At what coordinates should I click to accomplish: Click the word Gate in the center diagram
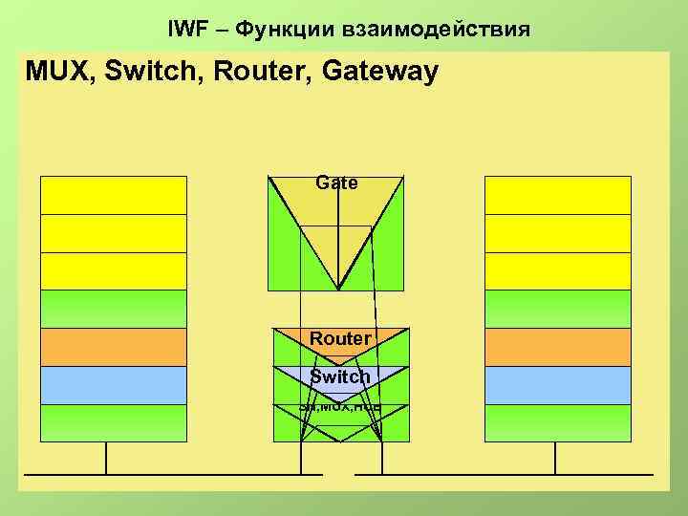point(336,183)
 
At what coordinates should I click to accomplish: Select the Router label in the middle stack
point(340,339)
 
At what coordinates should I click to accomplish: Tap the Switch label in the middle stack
point(340,376)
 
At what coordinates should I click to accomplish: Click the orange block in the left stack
point(114,347)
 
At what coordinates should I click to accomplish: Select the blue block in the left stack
point(114,385)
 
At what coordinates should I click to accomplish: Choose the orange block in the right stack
point(558,347)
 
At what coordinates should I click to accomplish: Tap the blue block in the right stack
point(558,385)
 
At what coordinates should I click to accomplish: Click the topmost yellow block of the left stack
point(114,195)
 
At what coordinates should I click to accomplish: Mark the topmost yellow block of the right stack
point(558,195)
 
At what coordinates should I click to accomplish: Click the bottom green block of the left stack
point(114,422)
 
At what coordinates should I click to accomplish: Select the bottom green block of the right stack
point(558,422)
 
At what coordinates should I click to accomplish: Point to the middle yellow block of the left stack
point(114,233)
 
